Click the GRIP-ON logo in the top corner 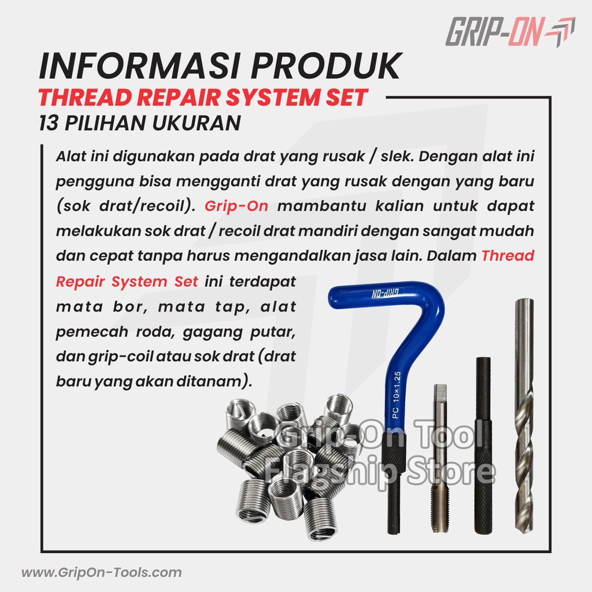[510, 32]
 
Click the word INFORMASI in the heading [140, 66]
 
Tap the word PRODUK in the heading [326, 66]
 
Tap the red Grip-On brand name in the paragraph [236, 206]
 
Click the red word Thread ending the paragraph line [508, 256]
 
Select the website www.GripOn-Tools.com [102, 572]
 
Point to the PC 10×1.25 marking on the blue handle [397, 394]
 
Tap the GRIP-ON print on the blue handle [386, 293]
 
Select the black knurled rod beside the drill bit [483, 446]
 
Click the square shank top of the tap [440, 393]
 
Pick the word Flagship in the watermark [329, 471]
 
